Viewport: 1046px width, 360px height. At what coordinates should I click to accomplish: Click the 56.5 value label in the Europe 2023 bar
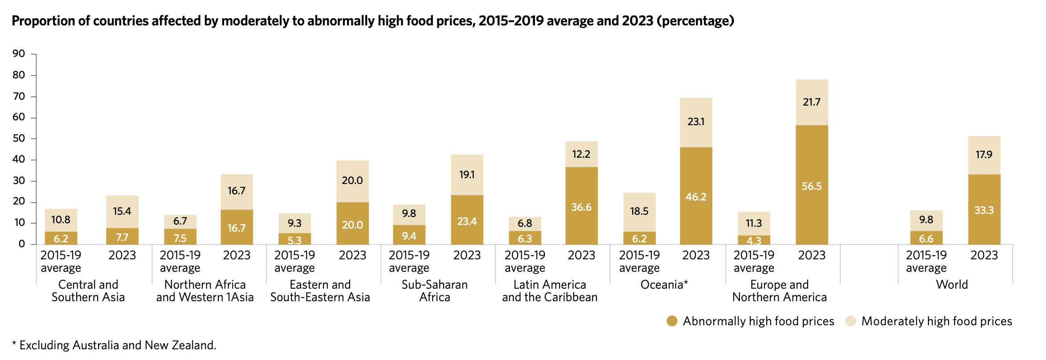tap(811, 186)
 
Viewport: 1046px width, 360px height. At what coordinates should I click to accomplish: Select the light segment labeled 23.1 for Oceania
tap(696, 122)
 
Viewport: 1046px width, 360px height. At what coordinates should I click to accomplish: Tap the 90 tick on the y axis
tap(19, 54)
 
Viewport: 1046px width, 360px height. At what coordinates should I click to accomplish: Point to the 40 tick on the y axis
tap(19, 160)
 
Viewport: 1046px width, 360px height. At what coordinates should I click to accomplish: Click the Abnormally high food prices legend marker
tap(672, 321)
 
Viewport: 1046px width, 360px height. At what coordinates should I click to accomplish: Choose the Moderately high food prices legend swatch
tap(850, 321)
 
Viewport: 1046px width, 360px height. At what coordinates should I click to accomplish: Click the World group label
tap(952, 284)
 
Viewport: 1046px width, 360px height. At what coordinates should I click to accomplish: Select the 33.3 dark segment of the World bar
tap(984, 209)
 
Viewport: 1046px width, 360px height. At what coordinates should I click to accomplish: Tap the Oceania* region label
tap(664, 284)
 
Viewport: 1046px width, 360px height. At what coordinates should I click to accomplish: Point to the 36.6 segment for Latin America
tap(581, 206)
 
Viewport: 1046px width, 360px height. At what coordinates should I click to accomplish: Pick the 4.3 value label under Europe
tap(753, 241)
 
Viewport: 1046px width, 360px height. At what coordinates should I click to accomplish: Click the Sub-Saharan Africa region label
tap(434, 290)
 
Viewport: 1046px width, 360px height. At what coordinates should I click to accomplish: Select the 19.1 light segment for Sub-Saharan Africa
tap(467, 175)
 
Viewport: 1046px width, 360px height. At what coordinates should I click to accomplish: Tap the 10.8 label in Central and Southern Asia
tap(61, 220)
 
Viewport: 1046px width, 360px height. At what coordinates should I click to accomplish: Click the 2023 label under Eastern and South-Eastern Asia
tap(352, 255)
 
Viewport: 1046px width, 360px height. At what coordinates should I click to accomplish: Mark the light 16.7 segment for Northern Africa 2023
tap(237, 191)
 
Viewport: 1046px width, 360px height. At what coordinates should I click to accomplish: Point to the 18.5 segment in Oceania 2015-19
tap(639, 211)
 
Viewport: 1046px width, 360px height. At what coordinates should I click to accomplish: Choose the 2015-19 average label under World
tap(926, 261)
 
